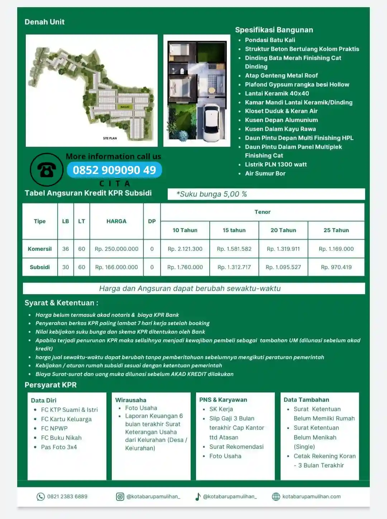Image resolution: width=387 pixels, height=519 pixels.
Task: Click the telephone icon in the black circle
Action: point(47,170)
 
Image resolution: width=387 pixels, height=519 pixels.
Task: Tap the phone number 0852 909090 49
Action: point(114,170)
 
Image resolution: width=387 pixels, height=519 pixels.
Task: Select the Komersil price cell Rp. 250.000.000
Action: point(116,249)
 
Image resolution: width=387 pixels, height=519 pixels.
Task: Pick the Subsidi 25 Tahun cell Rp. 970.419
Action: point(336,267)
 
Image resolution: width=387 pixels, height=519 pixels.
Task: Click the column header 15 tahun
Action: point(234,230)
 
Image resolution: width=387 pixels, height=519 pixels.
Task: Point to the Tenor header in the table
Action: point(262,212)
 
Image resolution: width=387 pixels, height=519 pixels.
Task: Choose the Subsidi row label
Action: point(40,267)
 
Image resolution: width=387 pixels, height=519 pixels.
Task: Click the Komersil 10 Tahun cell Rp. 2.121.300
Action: point(185,249)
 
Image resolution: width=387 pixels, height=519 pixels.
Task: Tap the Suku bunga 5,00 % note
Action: point(211,194)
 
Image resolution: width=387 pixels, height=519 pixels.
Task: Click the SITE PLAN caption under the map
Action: point(110,138)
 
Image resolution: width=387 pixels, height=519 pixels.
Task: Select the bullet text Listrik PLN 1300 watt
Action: point(276,165)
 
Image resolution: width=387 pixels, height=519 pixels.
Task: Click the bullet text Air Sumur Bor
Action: point(265,174)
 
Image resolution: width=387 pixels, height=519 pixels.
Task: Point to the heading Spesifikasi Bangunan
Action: point(274,30)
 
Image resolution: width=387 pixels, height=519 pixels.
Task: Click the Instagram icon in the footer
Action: point(120,496)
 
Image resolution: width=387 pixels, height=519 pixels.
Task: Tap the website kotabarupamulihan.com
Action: point(311,497)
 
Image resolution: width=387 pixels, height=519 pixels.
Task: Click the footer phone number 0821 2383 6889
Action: point(67,497)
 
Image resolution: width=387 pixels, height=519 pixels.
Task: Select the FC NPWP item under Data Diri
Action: point(54,428)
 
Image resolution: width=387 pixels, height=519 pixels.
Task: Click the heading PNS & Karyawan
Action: point(223,400)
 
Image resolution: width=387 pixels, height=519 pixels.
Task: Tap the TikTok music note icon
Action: point(198,496)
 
